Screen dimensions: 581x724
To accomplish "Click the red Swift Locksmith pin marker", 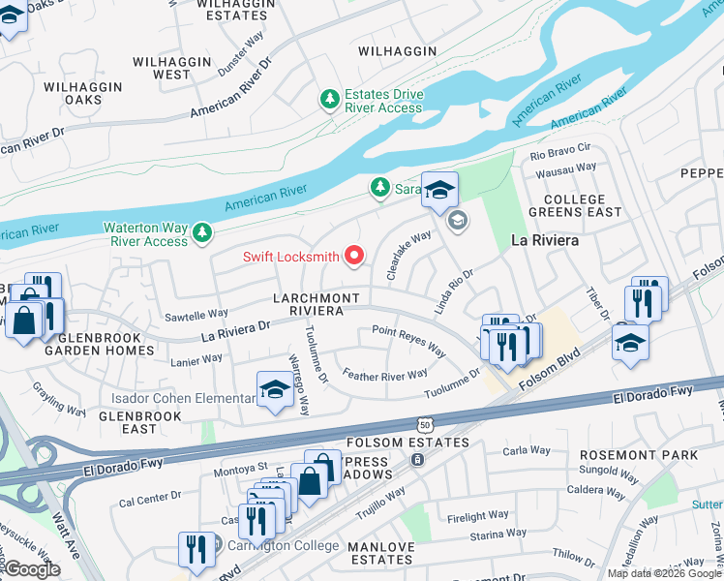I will click(x=354, y=256).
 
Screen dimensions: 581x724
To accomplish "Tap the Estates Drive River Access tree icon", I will click(x=330, y=99).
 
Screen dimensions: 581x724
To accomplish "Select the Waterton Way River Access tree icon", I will click(x=202, y=232).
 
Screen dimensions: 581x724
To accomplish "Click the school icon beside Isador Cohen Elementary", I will click(x=275, y=389).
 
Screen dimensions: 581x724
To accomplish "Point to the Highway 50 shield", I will click(x=425, y=424).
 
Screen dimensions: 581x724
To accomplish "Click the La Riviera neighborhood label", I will click(x=545, y=238).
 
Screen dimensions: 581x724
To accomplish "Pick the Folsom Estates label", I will click(x=394, y=443).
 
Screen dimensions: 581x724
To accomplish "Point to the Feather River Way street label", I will click(x=384, y=375).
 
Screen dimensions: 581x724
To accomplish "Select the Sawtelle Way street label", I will click(x=196, y=314).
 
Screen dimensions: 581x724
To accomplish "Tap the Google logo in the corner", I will click(x=32, y=569).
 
